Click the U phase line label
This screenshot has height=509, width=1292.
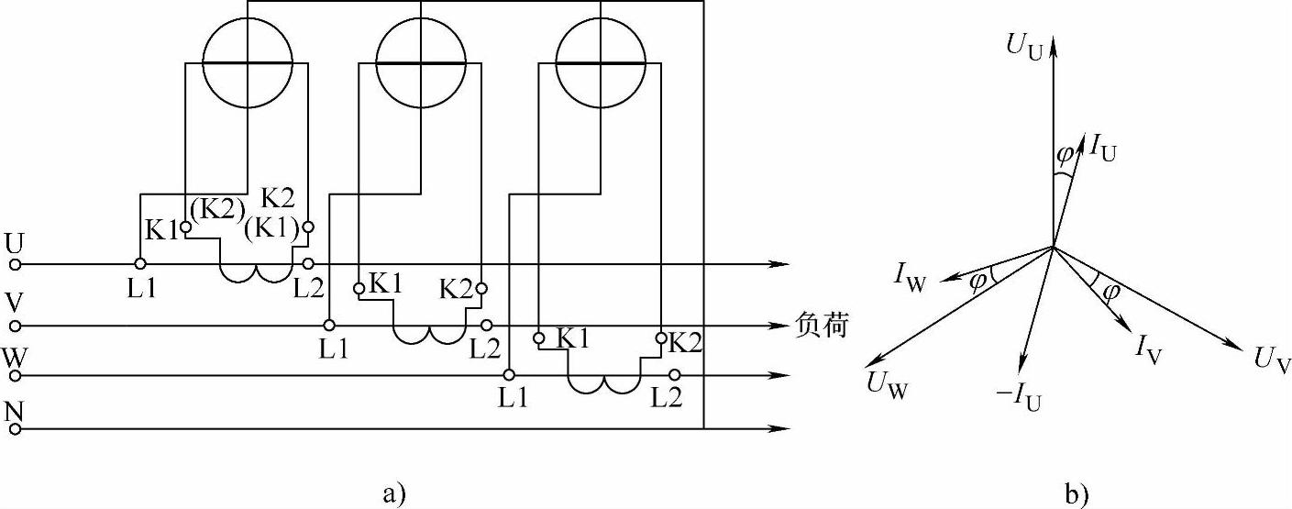(15, 243)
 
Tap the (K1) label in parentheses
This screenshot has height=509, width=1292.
(273, 227)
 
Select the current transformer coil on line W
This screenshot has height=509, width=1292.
(602, 383)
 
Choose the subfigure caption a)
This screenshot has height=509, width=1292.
(393, 494)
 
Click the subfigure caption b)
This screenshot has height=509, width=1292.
(1075, 494)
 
